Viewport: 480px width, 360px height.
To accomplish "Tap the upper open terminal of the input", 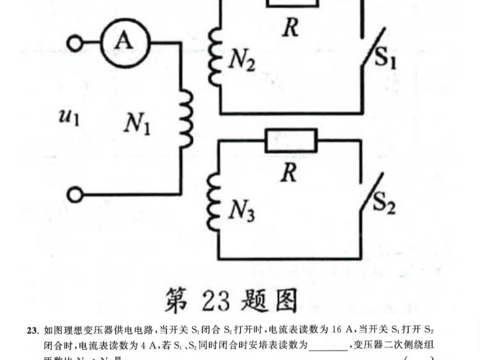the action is click(76, 43).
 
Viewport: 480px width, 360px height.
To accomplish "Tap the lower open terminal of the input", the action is click(76, 195).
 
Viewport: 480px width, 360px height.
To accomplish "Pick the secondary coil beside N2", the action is click(214, 57).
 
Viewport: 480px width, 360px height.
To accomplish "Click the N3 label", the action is click(242, 211).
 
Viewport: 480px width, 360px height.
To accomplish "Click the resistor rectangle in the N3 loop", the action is click(291, 141).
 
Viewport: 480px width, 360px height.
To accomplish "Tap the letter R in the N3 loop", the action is click(289, 173).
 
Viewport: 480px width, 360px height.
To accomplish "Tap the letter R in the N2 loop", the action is click(290, 27).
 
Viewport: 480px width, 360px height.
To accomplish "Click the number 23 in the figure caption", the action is click(215, 299).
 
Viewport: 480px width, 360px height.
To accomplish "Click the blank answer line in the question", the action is click(328, 346).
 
